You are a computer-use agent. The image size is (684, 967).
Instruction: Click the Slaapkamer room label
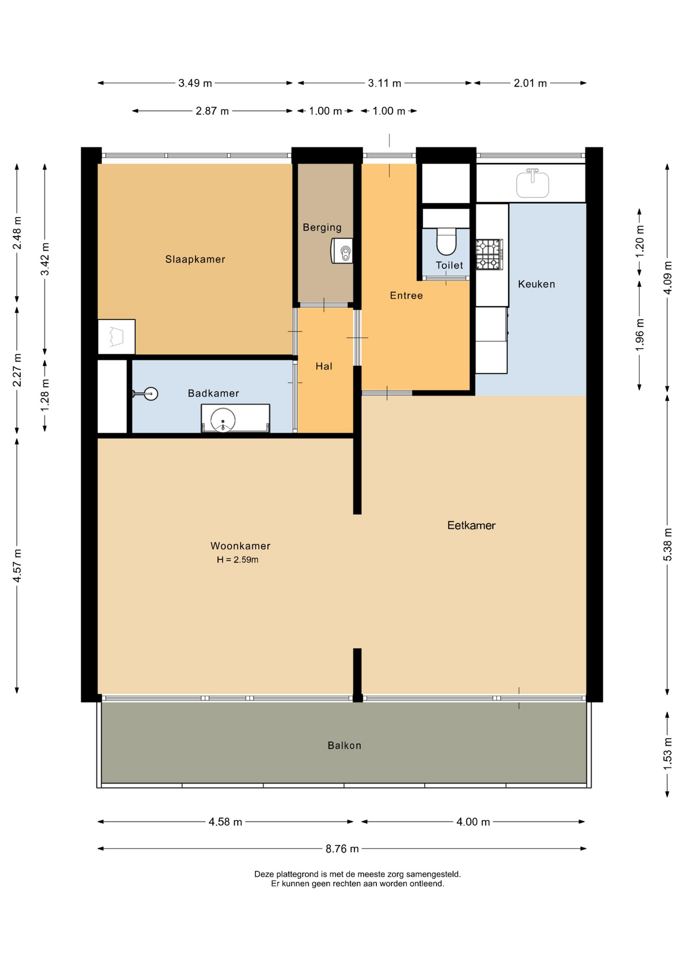click(195, 259)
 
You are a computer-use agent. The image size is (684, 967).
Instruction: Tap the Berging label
click(322, 228)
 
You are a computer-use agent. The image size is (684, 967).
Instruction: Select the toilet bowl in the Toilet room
click(446, 241)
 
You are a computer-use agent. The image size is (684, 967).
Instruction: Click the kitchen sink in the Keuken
click(532, 183)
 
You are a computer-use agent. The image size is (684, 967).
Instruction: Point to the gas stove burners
click(489, 254)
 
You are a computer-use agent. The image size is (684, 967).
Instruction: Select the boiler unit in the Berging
click(342, 251)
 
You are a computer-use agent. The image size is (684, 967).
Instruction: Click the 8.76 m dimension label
click(342, 849)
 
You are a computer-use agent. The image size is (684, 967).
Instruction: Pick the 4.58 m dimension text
click(226, 822)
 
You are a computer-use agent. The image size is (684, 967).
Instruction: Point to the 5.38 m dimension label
click(667, 544)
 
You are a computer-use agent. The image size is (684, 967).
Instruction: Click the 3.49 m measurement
click(195, 83)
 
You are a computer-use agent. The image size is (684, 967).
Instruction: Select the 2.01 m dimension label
click(530, 83)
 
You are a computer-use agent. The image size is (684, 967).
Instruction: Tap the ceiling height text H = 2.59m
click(238, 560)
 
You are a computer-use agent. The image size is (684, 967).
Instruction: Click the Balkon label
click(345, 745)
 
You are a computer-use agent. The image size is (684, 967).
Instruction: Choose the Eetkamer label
click(471, 525)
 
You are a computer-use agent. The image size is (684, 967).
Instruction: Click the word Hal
click(324, 366)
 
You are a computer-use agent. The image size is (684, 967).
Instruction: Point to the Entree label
click(406, 296)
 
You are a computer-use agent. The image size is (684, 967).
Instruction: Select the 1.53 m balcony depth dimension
click(667, 753)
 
